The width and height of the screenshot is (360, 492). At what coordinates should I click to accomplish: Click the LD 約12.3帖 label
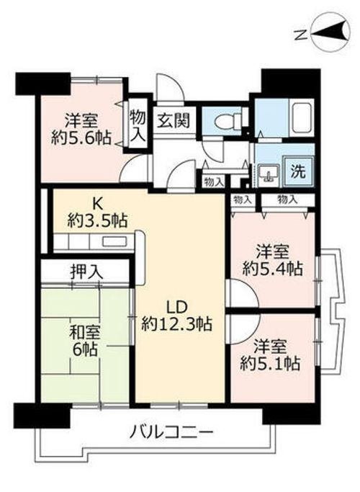(x=176, y=316)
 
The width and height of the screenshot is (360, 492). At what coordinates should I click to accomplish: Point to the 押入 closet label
(x=86, y=272)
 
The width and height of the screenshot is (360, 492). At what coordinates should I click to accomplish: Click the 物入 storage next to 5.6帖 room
(x=137, y=125)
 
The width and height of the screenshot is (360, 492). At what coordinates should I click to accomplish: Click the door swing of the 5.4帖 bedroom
(x=239, y=294)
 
